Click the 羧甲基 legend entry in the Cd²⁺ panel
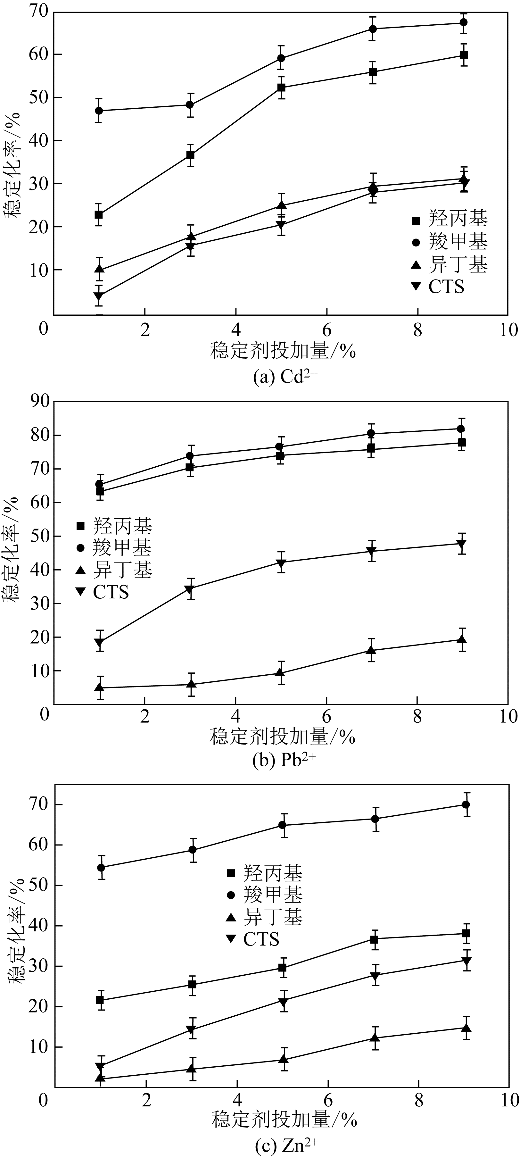click(x=450, y=242)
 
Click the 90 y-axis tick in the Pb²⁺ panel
click(x=38, y=401)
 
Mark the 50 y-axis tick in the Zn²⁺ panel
click(x=39, y=886)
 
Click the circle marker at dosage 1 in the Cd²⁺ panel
click(x=99, y=111)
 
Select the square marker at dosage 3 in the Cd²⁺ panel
click(x=190, y=155)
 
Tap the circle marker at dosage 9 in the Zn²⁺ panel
click(x=466, y=805)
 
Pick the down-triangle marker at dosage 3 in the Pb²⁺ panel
click(x=190, y=589)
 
